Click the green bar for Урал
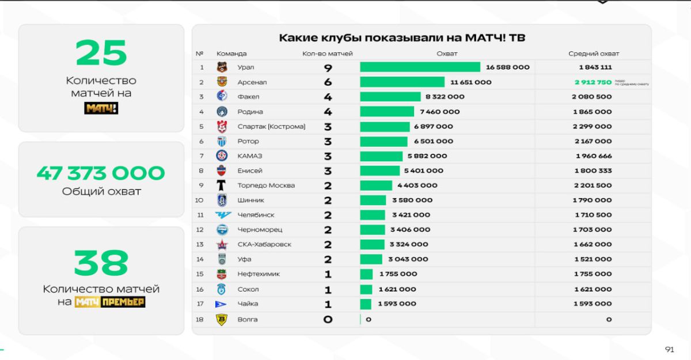click(420, 67)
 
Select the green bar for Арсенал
click(402, 82)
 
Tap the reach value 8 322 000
click(445, 97)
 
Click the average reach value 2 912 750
click(593, 82)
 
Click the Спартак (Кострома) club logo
click(222, 127)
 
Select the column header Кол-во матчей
click(327, 54)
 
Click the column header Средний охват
click(594, 54)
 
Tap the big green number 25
click(101, 52)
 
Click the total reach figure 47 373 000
click(101, 173)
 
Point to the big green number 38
click(101, 263)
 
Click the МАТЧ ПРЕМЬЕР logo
click(109, 301)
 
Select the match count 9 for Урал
click(328, 67)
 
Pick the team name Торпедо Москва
click(266, 185)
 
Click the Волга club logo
click(222, 320)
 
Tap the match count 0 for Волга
click(328, 320)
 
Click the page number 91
click(669, 350)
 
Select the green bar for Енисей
click(379, 170)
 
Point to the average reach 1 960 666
click(593, 156)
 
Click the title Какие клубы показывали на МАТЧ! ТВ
click(402, 38)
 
